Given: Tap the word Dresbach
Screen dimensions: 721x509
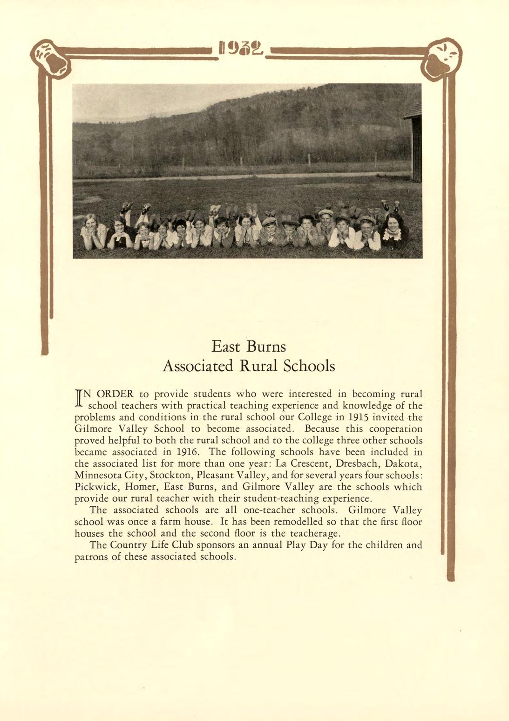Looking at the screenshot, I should pos(357,464).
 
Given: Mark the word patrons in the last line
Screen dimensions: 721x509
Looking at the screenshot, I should pos(91,557).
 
